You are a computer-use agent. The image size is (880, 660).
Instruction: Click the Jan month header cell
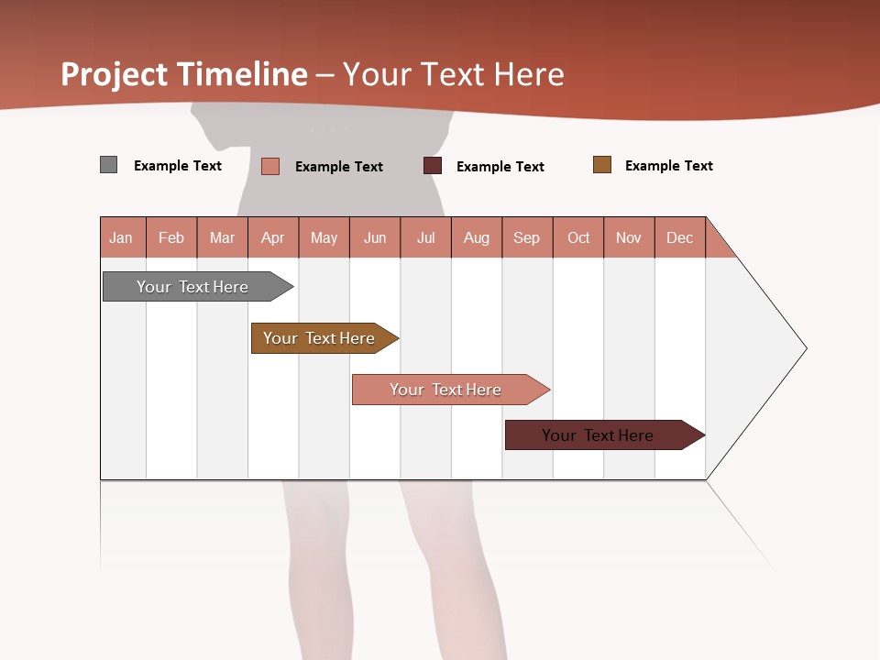122,237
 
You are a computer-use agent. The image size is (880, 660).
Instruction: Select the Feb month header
171,237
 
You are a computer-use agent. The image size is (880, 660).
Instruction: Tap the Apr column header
273,237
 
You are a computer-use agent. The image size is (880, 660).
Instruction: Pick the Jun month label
375,237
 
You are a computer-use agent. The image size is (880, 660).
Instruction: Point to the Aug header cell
477,237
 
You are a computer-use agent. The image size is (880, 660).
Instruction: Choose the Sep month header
527,237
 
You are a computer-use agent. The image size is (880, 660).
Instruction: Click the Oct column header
578,237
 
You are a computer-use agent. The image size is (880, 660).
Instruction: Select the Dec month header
680,237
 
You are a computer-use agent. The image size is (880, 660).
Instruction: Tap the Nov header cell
629,237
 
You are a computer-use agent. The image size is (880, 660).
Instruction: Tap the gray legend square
109,165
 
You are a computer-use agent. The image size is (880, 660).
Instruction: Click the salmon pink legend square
270,166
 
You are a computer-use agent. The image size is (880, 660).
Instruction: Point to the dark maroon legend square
433,166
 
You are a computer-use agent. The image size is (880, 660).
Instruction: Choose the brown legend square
602,165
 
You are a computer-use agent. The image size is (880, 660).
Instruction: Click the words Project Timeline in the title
184,74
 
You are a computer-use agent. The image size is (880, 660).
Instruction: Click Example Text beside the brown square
668,166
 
